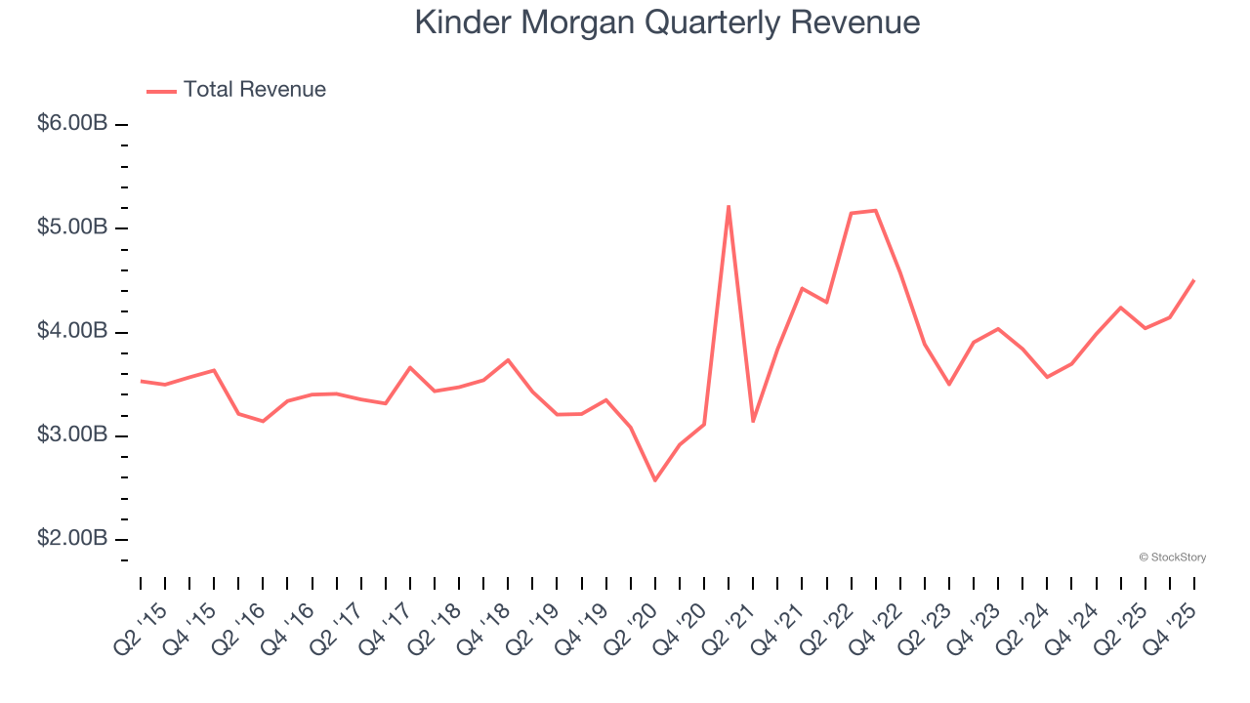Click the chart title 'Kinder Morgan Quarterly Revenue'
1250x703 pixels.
click(667, 22)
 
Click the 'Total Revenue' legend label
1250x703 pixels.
click(254, 90)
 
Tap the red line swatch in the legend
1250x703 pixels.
click(161, 91)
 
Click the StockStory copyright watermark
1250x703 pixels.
click(1172, 558)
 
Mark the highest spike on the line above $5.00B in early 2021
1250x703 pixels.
click(729, 206)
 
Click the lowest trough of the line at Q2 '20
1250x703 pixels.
click(654, 480)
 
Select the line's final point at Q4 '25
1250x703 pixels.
click(1193, 280)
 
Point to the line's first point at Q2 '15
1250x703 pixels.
click(141, 381)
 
